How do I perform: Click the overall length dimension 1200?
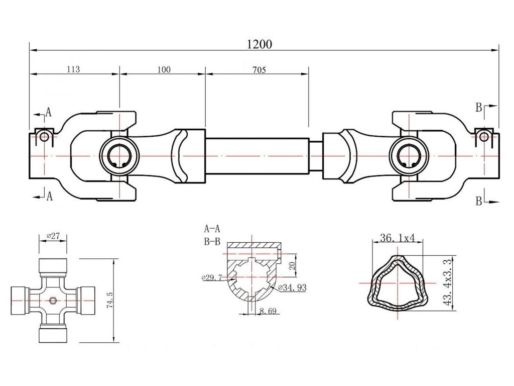click(259, 44)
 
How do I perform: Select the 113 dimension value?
click(73, 69)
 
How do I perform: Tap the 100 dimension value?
click(164, 69)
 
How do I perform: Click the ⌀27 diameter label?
click(53, 236)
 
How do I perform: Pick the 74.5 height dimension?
click(110, 300)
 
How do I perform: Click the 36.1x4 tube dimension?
click(397, 238)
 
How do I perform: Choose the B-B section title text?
click(212, 241)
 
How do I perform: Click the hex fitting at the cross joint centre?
click(53, 301)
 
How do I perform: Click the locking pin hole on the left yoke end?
click(44, 136)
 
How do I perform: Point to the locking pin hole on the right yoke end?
click(484, 136)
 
